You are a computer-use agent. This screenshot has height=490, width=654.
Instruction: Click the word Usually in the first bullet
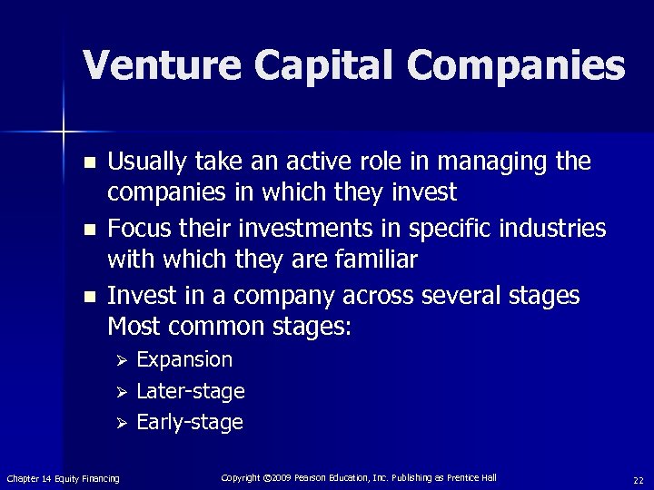[144, 162]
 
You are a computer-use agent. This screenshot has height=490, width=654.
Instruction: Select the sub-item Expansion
[184, 360]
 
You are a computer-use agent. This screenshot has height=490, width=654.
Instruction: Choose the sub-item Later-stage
[190, 391]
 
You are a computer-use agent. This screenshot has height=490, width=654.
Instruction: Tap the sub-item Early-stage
[189, 422]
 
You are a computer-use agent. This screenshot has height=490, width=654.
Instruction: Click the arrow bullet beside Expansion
[118, 361]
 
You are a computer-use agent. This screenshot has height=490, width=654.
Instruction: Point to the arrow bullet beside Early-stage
[118, 423]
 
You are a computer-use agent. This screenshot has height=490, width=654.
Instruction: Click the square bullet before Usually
[88, 163]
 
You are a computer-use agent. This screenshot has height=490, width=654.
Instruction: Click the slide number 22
[638, 478]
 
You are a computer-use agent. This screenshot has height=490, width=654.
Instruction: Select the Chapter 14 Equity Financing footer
[63, 478]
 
